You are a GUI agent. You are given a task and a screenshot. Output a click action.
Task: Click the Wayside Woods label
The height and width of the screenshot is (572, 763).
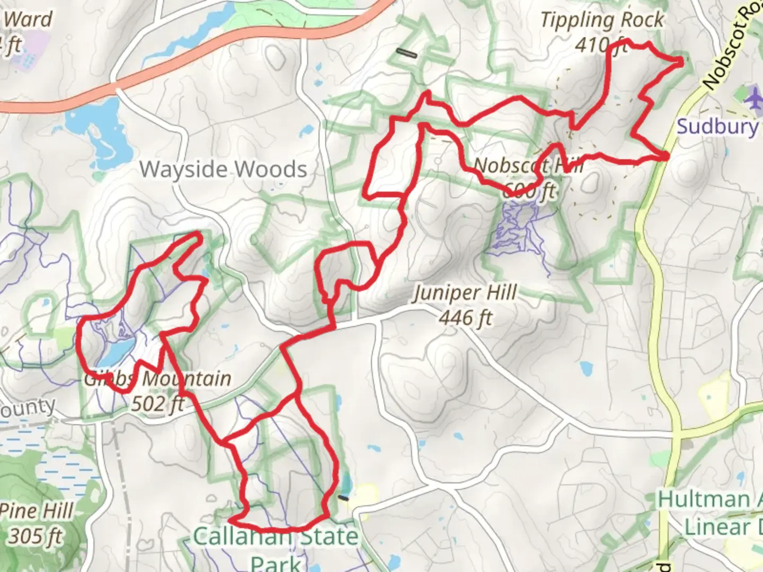(x=223, y=169)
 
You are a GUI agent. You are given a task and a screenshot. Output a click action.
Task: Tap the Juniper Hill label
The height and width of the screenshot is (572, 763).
(x=465, y=293)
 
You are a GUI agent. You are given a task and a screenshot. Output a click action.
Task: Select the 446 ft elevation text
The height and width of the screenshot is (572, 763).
(x=465, y=318)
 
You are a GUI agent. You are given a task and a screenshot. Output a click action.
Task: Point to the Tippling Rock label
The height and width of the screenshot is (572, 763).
(x=601, y=21)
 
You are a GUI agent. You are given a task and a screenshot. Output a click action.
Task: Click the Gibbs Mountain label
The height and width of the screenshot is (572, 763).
(x=158, y=379)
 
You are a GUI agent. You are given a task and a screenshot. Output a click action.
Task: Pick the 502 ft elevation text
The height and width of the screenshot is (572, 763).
(x=157, y=404)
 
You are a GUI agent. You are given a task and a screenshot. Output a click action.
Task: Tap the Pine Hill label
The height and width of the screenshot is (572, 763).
(x=36, y=512)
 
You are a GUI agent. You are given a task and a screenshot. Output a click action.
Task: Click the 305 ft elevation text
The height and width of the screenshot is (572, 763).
(x=36, y=537)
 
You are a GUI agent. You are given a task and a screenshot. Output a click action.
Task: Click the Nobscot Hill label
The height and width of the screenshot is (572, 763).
(x=528, y=165)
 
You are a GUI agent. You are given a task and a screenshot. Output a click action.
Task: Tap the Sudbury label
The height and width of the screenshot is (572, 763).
(x=717, y=127)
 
